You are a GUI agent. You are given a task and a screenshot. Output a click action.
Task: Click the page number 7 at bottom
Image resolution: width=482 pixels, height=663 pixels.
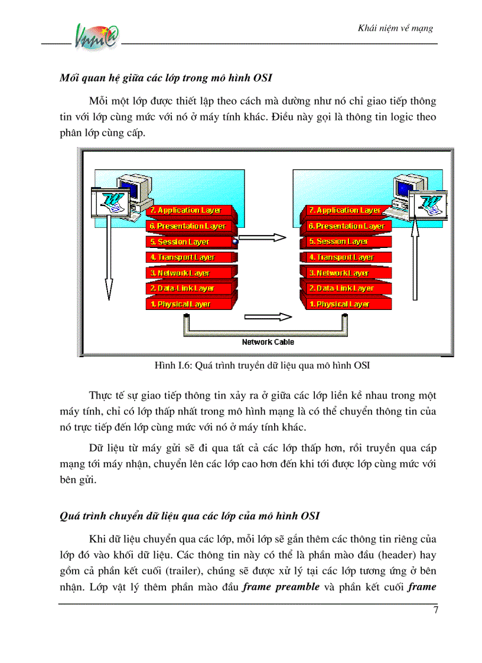(435, 610)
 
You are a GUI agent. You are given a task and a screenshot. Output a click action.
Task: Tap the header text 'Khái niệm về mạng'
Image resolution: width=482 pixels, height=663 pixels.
(396, 28)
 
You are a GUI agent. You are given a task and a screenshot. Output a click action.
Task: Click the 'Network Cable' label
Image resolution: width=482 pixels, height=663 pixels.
(268, 342)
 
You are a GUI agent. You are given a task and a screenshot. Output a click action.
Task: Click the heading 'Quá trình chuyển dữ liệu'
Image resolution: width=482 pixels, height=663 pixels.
(190, 515)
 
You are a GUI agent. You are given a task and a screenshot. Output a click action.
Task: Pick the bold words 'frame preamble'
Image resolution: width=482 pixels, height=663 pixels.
(281, 587)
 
